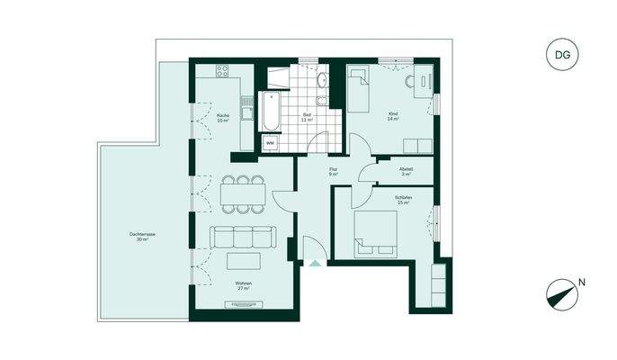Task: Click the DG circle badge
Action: tap(562, 55)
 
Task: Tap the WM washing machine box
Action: tap(270, 142)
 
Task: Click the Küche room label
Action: tap(223, 117)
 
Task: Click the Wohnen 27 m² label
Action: tap(244, 285)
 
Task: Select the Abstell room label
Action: tap(407, 171)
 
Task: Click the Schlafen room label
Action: tap(402, 200)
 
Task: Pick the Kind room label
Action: tap(393, 116)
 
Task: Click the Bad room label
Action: tap(308, 116)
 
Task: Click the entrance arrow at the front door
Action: tap(314, 263)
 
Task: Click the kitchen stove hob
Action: tap(222, 71)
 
